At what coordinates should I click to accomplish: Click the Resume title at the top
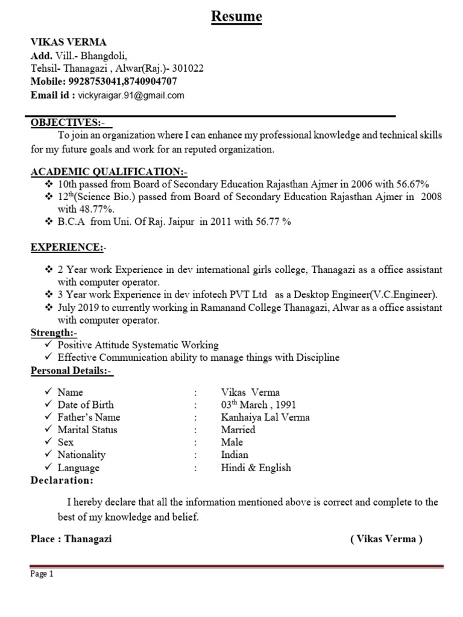[236, 17]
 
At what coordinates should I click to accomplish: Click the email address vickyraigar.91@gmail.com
[131, 95]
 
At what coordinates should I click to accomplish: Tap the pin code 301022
[187, 69]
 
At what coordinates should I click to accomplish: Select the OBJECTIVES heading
[69, 123]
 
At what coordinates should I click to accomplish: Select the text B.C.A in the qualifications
[72, 222]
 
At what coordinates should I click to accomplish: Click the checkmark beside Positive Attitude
[49, 345]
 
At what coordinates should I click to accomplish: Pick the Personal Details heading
[71, 371]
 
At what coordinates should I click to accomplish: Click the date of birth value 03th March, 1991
[259, 405]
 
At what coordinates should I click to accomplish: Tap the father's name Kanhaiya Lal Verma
[265, 418]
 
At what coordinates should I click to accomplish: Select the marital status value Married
[238, 430]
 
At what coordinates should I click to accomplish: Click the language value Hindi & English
[256, 468]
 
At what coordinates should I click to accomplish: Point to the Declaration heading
[62, 481]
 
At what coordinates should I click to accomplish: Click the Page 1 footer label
[42, 574]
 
